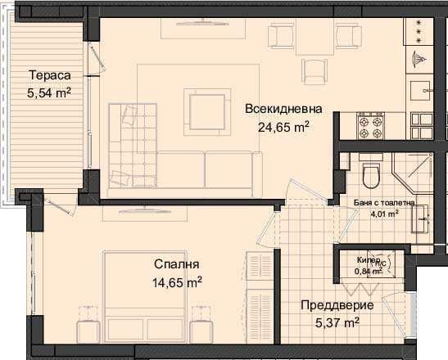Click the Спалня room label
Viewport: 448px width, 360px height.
point(177,265)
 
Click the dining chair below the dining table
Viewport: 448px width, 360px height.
point(313,71)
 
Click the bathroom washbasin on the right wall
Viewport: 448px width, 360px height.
point(423,217)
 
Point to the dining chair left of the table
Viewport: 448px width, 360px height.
point(281,36)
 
